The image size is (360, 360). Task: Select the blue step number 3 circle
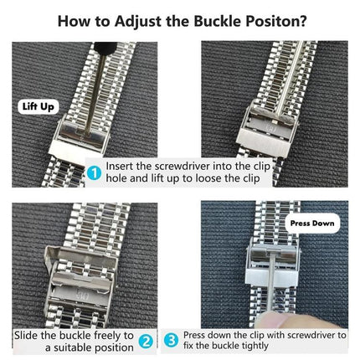(172, 341)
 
